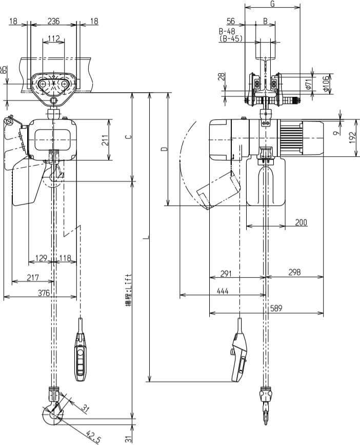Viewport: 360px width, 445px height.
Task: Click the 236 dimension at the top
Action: pos(53,21)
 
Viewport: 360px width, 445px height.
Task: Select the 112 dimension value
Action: pos(53,38)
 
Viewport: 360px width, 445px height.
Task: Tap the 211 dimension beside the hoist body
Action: pos(105,140)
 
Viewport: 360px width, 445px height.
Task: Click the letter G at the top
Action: pos(272,4)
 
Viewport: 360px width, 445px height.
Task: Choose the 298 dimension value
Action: pos(294,273)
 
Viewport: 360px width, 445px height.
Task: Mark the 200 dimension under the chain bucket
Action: pos(301,222)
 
